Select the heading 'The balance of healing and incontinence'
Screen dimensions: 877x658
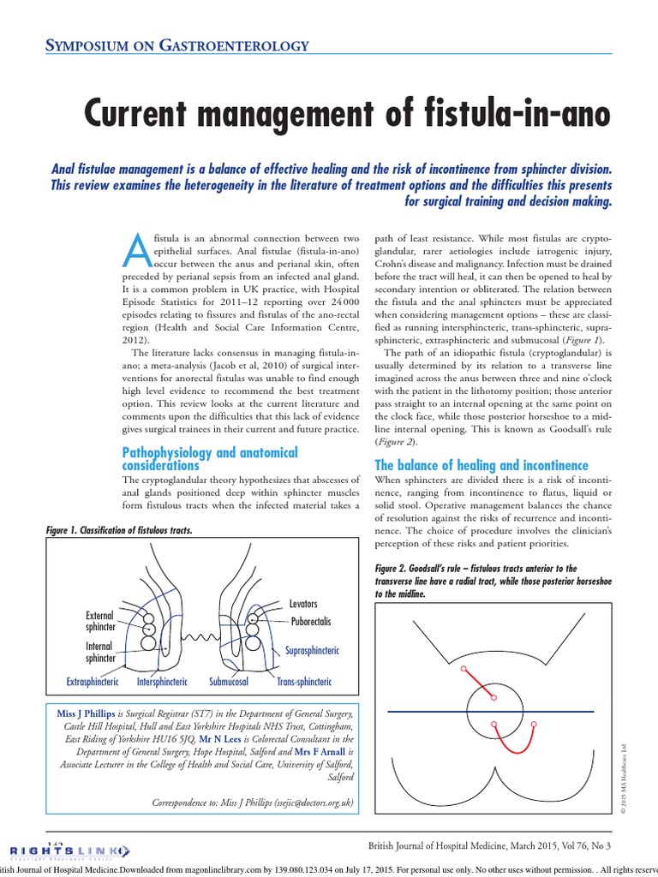482,465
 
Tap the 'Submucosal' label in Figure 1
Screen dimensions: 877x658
229,682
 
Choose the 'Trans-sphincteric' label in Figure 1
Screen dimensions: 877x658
303,682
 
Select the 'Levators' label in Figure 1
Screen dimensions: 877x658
303,604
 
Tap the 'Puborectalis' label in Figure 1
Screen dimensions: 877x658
310,620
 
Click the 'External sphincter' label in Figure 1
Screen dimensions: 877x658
100,621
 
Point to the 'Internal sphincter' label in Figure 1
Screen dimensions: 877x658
100,652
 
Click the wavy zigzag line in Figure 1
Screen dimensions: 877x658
199,637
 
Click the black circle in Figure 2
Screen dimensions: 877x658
495,710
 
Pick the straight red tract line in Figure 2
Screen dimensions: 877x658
479,683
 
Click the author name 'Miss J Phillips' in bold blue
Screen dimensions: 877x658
85,713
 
